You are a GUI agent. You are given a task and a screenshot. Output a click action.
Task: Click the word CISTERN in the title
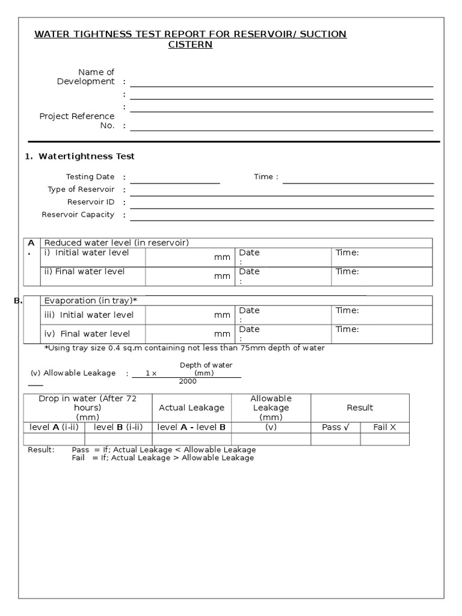pos(190,45)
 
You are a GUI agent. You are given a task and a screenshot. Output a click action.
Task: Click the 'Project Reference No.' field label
pos(77,121)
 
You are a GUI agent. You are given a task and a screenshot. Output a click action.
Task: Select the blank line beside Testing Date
pos(174,179)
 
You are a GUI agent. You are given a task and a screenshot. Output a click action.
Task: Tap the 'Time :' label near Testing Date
pos(266,177)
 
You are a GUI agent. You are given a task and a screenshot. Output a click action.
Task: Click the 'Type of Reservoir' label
pos(81,189)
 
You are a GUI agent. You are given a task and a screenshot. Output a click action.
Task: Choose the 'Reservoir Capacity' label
pos(78,215)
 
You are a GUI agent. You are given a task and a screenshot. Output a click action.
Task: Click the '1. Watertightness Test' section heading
pos(79,156)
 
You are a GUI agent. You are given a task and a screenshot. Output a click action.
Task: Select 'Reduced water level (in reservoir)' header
pos(117,242)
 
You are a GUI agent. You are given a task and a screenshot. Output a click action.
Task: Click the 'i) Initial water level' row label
pos(86,253)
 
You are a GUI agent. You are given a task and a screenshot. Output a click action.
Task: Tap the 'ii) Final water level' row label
pos(84,271)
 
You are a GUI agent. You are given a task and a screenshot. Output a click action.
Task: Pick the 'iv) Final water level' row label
pos(87,333)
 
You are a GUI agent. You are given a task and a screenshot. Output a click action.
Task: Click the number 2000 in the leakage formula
pos(188,381)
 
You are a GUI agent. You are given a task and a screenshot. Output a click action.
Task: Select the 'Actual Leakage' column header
pos(191,408)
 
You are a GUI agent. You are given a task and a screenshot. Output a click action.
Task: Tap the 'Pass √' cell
pos(335,427)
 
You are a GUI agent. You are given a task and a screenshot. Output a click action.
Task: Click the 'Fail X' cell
pos(385,427)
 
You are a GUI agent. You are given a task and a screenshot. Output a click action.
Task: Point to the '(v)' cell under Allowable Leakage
pos(270,427)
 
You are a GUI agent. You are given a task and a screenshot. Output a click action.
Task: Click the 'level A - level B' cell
pos(191,427)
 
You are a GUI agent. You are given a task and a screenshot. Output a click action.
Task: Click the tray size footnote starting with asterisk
pos(185,348)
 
